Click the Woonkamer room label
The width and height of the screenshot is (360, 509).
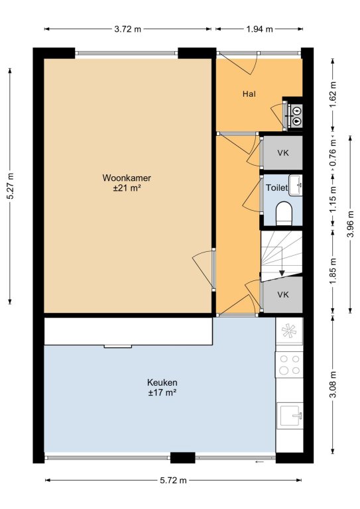[x=127, y=178]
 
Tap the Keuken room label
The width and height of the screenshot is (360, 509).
[x=162, y=382]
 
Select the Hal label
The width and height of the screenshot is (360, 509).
[x=249, y=94]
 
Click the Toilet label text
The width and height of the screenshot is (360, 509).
[x=276, y=188]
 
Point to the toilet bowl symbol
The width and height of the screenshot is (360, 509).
[x=284, y=213]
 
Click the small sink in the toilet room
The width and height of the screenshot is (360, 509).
[x=296, y=185]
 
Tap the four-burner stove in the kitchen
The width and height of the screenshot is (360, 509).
[x=290, y=365]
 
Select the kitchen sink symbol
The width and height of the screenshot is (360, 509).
[x=290, y=416]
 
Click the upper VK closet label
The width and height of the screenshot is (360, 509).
[x=283, y=153]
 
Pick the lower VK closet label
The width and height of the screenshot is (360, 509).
[x=283, y=295]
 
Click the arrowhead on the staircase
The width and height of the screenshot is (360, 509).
[x=282, y=273]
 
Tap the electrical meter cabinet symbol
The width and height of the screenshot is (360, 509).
[x=297, y=116]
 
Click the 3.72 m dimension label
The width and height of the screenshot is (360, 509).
[x=127, y=29]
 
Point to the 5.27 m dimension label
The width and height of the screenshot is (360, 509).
[x=11, y=186]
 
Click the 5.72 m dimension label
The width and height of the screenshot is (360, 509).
[x=173, y=481]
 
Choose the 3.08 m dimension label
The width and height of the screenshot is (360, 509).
[x=333, y=384]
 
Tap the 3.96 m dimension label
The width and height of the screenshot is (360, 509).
[x=351, y=224]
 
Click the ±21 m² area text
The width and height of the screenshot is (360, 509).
[x=127, y=188]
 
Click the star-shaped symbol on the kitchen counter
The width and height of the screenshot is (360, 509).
[x=289, y=331]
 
